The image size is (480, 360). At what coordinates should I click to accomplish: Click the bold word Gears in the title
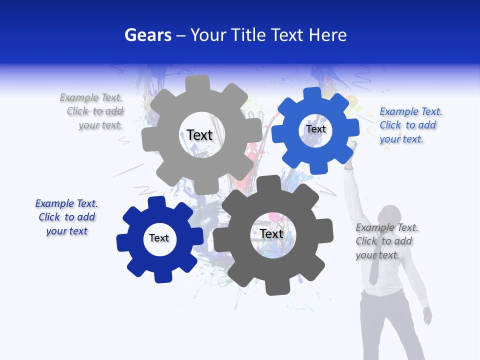(147, 35)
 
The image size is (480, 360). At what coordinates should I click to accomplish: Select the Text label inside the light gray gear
(199, 135)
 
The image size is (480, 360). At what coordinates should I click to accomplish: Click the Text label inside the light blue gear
(315, 129)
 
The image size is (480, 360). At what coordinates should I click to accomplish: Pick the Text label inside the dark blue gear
(159, 238)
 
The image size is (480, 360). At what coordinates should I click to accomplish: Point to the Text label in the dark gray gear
(271, 233)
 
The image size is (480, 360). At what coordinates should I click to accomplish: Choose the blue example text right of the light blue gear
(410, 125)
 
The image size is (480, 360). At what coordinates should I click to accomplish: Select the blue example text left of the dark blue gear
(66, 217)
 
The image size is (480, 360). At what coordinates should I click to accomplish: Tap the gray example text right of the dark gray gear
(386, 241)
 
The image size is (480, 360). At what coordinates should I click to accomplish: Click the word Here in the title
(327, 35)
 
